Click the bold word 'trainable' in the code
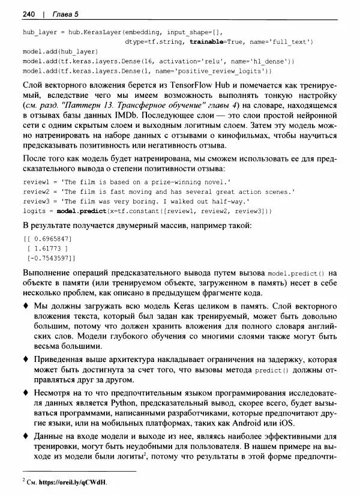tap(207, 42)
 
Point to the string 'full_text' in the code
tap(286, 42)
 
